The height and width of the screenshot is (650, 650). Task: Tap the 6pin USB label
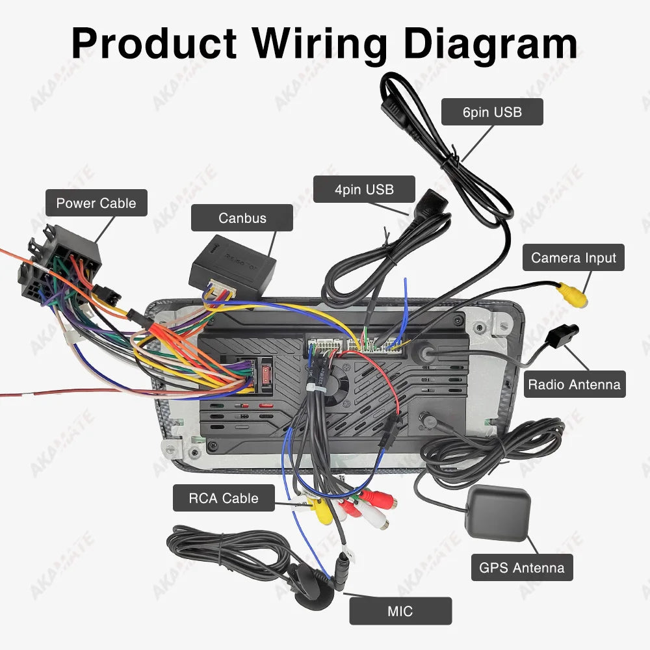pyautogui.click(x=492, y=112)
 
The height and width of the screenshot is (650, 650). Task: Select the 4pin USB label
pyautogui.click(x=364, y=189)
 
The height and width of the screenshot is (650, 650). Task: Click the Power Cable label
pyautogui.click(x=96, y=203)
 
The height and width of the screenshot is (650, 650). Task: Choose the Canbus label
pyautogui.click(x=242, y=218)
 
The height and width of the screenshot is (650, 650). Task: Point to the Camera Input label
pyautogui.click(x=573, y=257)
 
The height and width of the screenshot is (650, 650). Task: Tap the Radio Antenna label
pyautogui.click(x=574, y=384)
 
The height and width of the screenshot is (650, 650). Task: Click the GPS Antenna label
pyautogui.click(x=522, y=567)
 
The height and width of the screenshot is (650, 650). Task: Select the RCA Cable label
pyautogui.click(x=223, y=499)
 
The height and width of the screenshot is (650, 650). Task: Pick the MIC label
pyautogui.click(x=400, y=611)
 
